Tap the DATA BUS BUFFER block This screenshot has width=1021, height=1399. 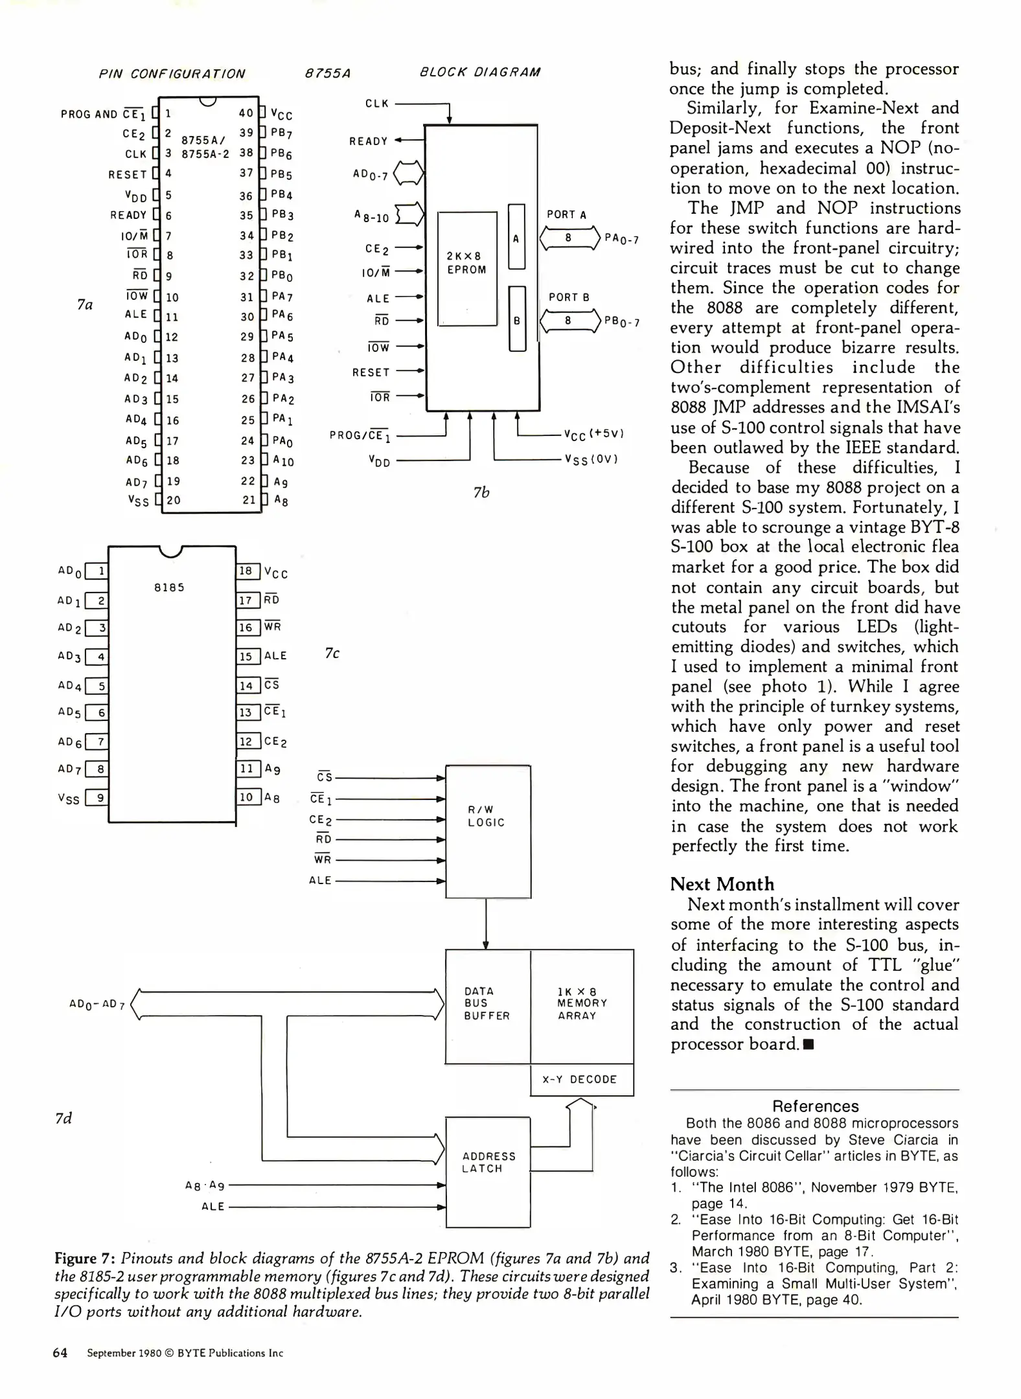coord(487,1006)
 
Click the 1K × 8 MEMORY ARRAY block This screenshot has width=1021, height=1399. coord(582,1006)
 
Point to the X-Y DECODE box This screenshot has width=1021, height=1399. coord(581,1079)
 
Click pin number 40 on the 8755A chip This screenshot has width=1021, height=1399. coord(246,113)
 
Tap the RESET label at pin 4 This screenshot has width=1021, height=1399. coord(128,174)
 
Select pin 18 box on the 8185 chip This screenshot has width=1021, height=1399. coord(247,571)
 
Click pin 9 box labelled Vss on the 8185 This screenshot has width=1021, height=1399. coord(97,797)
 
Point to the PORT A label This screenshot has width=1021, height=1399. coord(566,214)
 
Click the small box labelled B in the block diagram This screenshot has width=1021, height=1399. coord(517,319)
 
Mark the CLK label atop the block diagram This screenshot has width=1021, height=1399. coord(377,103)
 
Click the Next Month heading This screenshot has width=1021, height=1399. coord(722,884)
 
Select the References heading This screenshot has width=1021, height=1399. coord(815,1106)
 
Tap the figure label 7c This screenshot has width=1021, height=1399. coord(332,654)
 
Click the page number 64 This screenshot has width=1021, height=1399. coord(60,1353)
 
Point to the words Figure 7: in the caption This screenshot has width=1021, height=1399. coord(85,1258)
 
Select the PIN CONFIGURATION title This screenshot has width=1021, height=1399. coord(172,74)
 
